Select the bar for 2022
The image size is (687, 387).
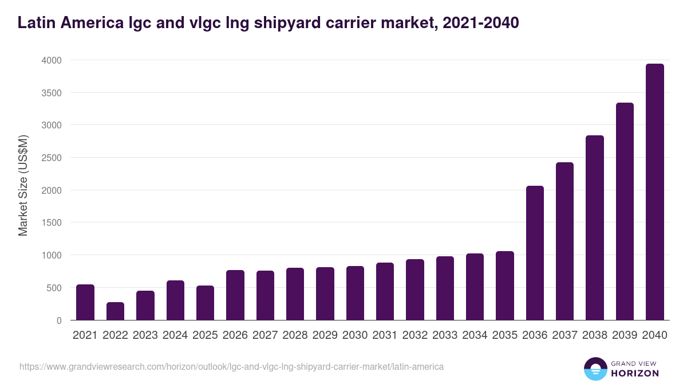point(115,311)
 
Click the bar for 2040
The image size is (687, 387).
point(654,192)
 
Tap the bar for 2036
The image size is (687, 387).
point(535,253)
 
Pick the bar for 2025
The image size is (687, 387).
point(205,303)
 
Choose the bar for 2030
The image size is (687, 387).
point(355,293)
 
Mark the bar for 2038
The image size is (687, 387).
point(595,228)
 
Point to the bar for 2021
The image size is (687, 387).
point(85,302)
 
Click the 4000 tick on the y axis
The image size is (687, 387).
point(52,60)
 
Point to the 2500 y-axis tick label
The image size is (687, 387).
point(52,158)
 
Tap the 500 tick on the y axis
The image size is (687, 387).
point(54,288)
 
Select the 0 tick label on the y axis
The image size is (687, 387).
point(59,320)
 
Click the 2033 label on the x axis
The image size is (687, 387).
point(445,335)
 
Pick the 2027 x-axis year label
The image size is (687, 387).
point(265,335)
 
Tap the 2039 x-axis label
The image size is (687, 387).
point(625,335)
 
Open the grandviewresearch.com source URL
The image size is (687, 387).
point(231,366)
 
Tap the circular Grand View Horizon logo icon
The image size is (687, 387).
point(595,369)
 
